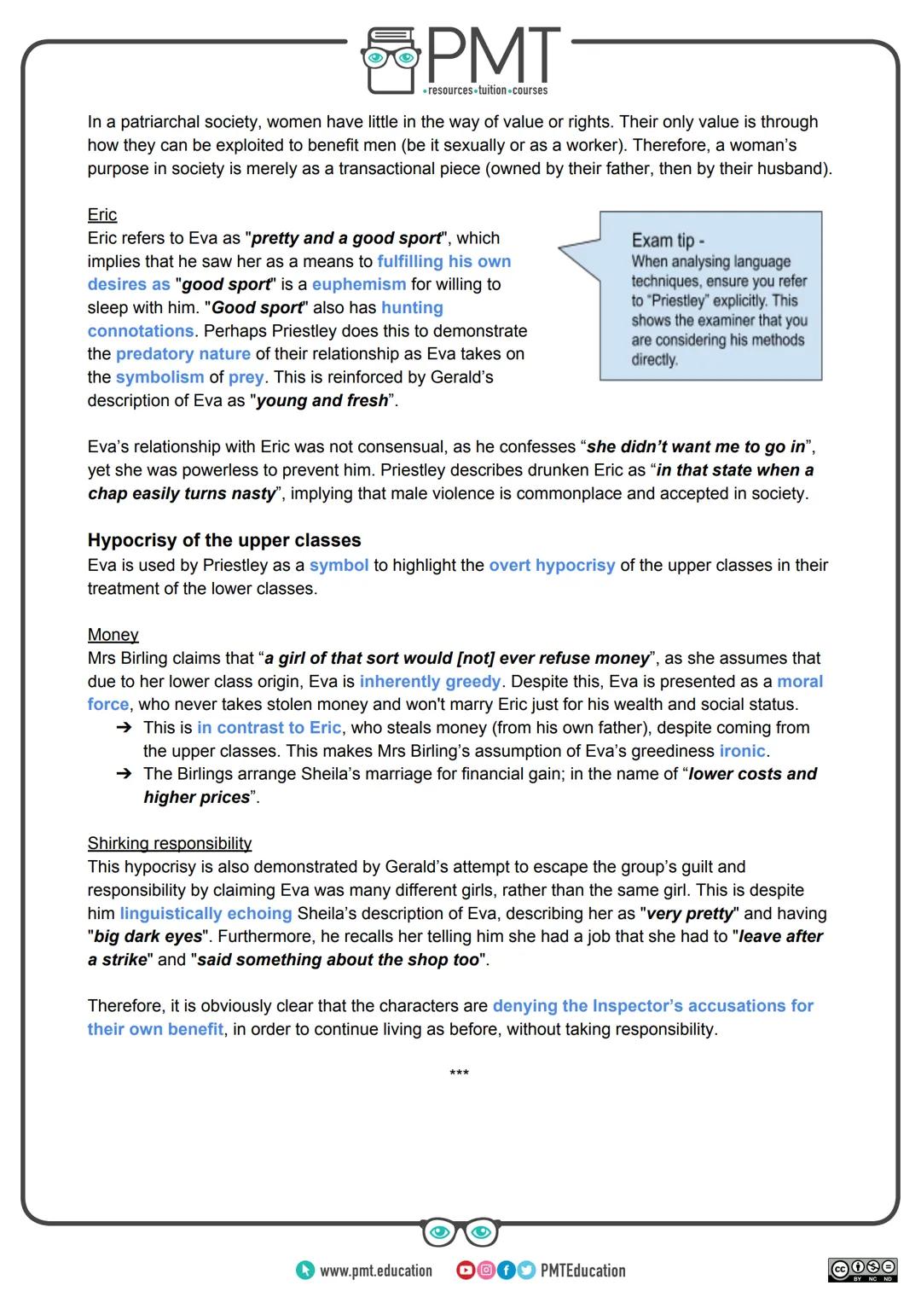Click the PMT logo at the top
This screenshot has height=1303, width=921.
[x=460, y=60]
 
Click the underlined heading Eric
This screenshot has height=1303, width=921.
[x=101, y=215]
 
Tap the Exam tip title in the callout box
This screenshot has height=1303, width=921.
[x=668, y=241]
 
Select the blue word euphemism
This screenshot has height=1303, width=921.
[x=359, y=285]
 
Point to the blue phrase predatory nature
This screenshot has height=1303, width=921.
[x=183, y=354]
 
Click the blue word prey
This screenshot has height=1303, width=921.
[x=246, y=377]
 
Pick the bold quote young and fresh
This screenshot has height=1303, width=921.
[x=322, y=401]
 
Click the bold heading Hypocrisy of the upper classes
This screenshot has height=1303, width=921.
[x=224, y=540]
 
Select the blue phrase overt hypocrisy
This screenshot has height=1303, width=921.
[x=552, y=566]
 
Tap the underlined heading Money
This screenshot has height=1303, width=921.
[x=113, y=635]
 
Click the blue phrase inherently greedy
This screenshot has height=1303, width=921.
[x=430, y=682]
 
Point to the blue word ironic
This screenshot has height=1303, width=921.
[x=742, y=752]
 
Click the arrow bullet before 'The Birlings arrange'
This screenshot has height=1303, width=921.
[x=125, y=775]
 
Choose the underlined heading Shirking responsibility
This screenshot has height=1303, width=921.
[x=169, y=844]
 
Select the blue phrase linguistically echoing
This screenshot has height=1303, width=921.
[x=206, y=914]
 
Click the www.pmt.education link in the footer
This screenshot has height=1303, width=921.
[x=375, y=1271]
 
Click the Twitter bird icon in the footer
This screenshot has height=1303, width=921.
[x=526, y=1271]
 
